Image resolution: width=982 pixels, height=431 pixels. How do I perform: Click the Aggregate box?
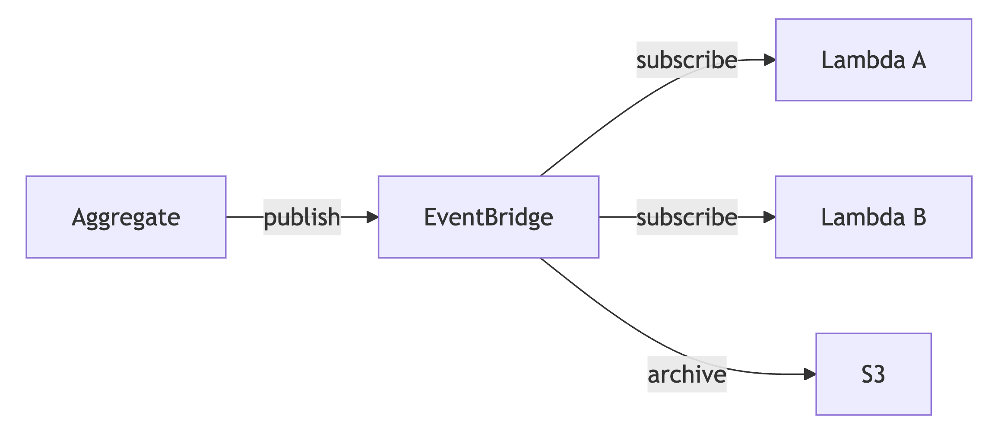126,217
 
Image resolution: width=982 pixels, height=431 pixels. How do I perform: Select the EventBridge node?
488,217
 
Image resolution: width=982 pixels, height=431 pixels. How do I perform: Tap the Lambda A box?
873,60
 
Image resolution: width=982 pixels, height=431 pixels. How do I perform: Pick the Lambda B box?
873,217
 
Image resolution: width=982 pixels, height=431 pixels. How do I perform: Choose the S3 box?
873,374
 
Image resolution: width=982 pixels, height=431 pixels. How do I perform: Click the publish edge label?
302,217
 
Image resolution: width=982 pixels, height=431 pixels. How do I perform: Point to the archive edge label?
687,374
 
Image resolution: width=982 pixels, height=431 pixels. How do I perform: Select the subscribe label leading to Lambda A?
687,60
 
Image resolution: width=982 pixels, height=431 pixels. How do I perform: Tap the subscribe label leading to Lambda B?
687,217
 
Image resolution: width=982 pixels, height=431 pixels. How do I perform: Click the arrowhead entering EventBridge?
372,217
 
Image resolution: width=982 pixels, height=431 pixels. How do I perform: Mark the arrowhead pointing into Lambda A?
770,60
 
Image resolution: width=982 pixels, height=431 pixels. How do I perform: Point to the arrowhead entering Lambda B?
770,217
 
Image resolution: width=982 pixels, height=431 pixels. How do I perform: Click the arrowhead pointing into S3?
810,374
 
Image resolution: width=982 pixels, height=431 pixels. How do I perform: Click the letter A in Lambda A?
919,60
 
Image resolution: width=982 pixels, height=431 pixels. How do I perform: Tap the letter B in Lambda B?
919,217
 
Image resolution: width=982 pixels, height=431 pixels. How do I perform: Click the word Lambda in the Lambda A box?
863,60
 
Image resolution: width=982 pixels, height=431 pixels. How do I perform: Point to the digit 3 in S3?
879,374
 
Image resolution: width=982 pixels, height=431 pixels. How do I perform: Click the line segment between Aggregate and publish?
244,217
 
